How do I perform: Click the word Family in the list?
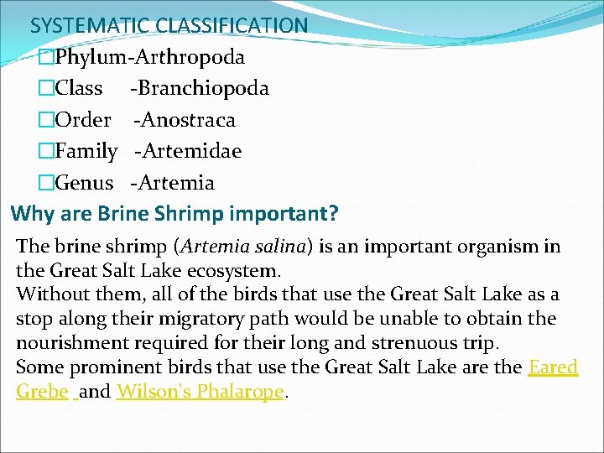87,151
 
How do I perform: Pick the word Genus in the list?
84,182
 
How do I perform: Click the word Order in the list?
83,119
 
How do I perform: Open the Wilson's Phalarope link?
200,392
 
